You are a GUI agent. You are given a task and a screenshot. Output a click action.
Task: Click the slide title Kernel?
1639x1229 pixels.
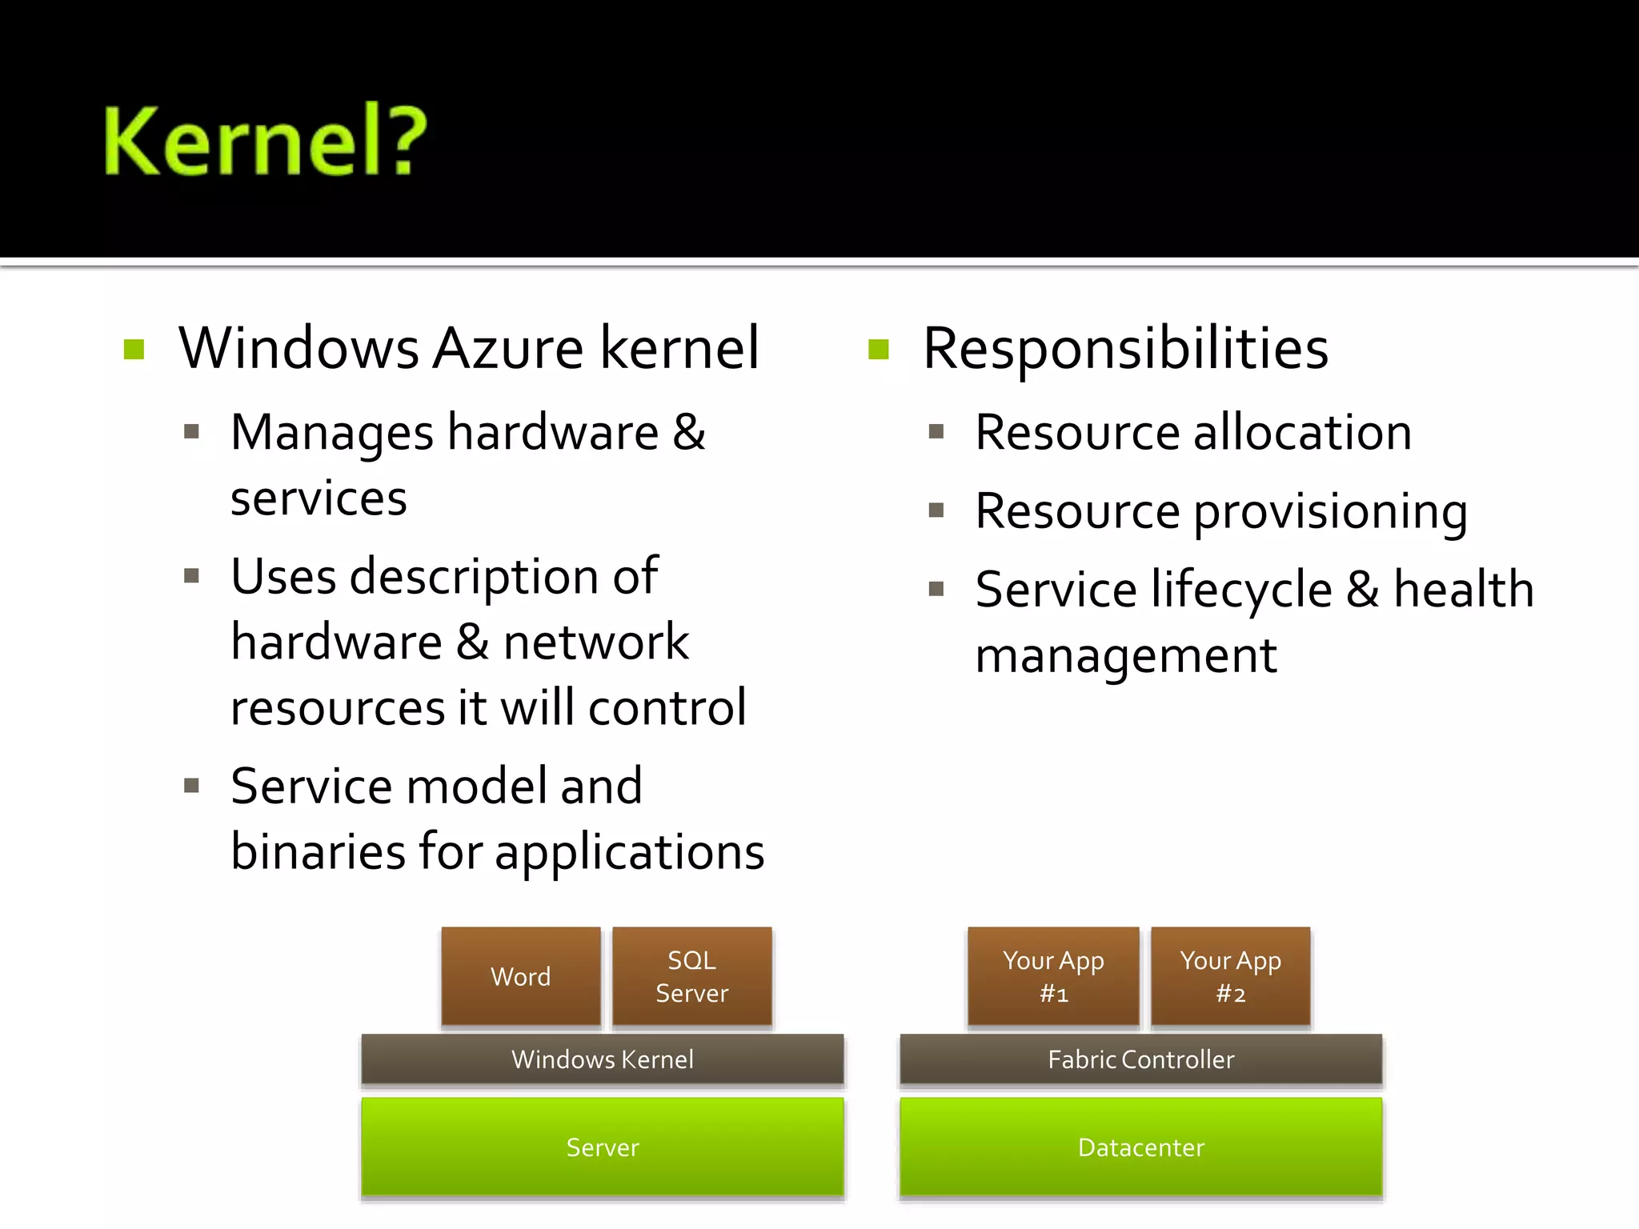(265, 141)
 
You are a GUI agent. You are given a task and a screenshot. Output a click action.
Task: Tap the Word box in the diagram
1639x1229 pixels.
(520, 976)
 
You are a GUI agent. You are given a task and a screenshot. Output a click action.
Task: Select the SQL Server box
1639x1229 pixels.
(691, 976)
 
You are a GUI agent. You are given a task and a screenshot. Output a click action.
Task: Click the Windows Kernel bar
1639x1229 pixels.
(602, 1059)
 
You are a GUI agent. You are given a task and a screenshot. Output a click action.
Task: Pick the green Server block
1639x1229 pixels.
(602, 1147)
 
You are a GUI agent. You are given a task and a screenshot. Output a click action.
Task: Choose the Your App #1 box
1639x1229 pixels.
(1053, 976)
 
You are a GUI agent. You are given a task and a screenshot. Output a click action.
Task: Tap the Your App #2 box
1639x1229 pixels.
(1230, 976)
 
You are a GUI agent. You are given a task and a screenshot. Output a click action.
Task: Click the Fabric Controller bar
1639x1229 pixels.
(1140, 1059)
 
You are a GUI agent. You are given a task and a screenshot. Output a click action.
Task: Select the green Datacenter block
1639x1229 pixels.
(1140, 1147)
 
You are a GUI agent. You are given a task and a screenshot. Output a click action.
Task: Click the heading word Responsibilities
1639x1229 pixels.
(1125, 349)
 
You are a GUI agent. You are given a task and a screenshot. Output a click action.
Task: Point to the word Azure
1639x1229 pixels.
(509, 349)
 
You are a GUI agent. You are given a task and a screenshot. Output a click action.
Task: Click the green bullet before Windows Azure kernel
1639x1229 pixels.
(134, 350)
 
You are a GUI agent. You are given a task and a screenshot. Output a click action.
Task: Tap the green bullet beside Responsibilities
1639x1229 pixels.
(879, 350)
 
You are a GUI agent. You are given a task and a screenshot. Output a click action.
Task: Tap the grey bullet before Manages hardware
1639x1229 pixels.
(191, 433)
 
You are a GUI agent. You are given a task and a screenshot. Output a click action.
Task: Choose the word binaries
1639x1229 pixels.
(318, 851)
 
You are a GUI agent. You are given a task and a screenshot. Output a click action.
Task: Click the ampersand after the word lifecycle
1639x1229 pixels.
(1362, 590)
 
